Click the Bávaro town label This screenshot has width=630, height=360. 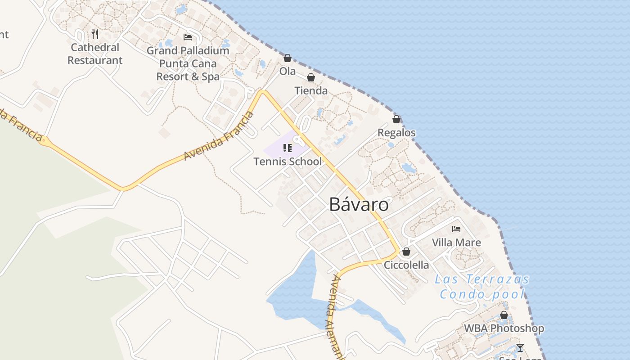point(359,205)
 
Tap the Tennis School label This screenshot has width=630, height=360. point(288,161)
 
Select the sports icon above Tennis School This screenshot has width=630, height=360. point(288,148)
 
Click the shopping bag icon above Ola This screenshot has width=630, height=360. point(288,58)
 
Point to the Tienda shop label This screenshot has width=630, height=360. point(311,90)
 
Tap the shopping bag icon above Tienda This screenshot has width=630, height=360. point(311,77)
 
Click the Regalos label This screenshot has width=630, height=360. point(396,133)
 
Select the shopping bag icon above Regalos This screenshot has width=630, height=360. point(396,119)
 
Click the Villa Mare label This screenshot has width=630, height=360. point(456,243)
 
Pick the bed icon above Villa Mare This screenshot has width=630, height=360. point(456,229)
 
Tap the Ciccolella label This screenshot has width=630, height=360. point(406,265)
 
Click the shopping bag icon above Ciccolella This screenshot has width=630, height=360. point(406,252)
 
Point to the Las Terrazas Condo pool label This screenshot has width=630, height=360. point(482,287)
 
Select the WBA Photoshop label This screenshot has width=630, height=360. point(504,328)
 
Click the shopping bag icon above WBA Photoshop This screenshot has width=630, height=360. point(504,315)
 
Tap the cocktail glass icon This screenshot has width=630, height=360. point(520,348)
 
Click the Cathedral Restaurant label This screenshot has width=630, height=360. point(95,54)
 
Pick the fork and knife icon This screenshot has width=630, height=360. point(95,34)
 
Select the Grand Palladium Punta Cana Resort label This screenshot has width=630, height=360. point(188,63)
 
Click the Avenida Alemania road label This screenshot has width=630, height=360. point(336,315)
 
